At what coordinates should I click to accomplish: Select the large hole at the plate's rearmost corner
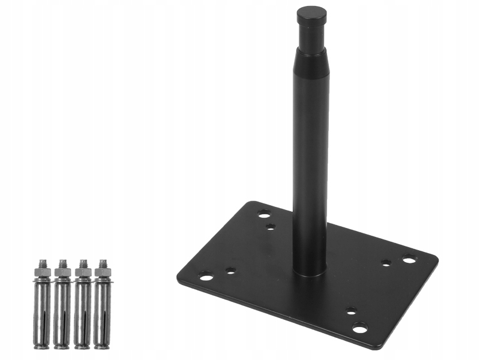(x=264, y=213)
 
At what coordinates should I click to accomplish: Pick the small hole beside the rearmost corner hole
(x=271, y=226)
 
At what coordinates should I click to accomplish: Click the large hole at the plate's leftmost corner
(x=206, y=276)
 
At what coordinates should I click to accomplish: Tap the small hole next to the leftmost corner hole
(x=230, y=271)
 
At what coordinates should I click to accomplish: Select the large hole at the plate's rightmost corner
(x=409, y=260)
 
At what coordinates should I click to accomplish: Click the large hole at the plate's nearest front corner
(x=359, y=328)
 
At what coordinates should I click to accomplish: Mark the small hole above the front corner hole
(x=351, y=311)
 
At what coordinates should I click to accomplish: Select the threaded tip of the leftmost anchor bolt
(x=43, y=263)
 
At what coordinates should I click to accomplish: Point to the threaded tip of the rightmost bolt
(x=103, y=263)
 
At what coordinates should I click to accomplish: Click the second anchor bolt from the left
(x=62, y=306)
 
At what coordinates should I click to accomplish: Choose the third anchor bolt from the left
(x=83, y=306)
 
